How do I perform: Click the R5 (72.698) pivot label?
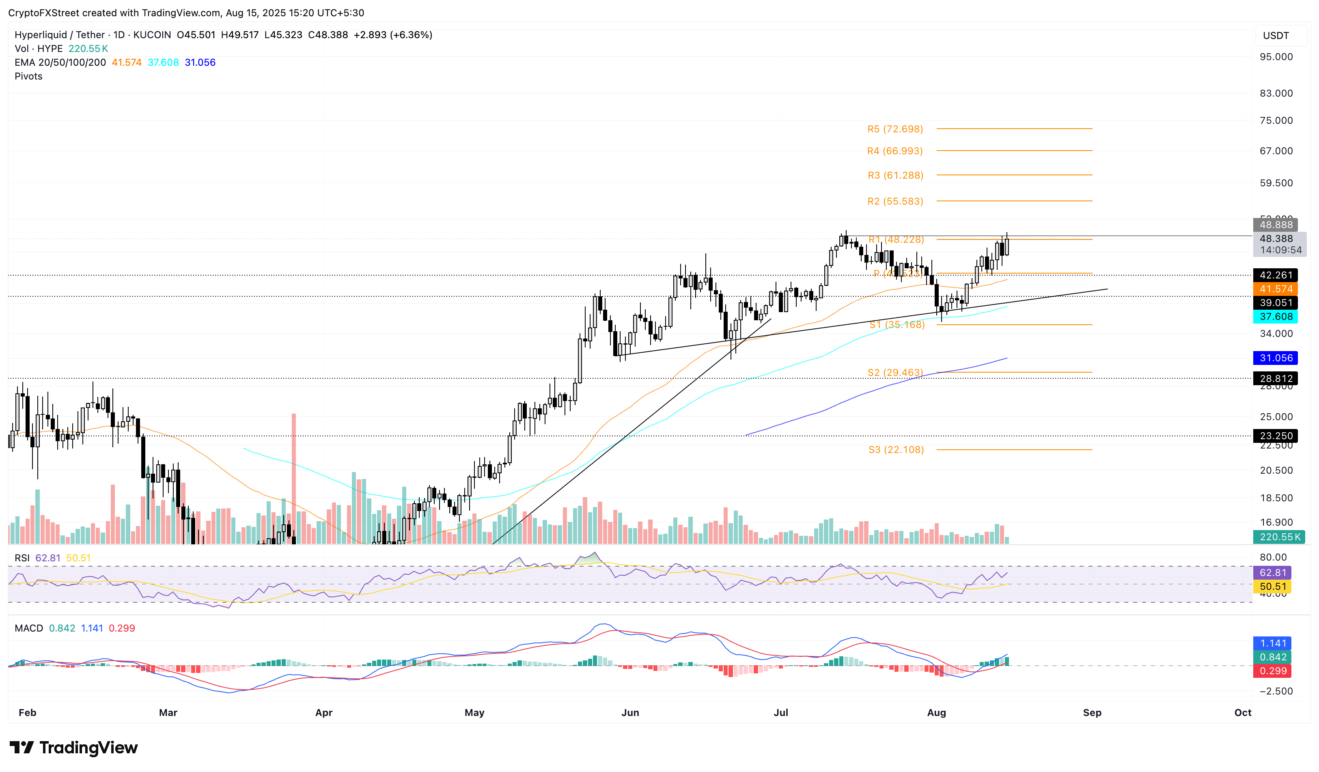click(894, 129)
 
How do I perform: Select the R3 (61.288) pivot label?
click(895, 175)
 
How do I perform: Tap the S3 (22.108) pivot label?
click(896, 450)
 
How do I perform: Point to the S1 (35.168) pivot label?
click(897, 324)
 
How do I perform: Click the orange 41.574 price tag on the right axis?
click(1275, 289)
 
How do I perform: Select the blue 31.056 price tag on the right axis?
click(1275, 358)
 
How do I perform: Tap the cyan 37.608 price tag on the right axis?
click(1275, 317)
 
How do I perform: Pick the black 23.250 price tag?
click(1275, 436)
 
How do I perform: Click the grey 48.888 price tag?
click(1275, 224)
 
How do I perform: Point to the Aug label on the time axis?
click(936, 712)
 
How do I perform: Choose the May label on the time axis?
click(474, 712)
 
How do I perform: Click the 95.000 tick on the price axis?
click(1275, 56)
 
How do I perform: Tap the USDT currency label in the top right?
click(1275, 36)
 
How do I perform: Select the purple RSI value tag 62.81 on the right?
click(1272, 573)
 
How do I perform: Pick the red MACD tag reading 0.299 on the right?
click(1272, 671)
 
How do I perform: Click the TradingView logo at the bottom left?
click(74, 747)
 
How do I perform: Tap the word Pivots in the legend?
click(29, 76)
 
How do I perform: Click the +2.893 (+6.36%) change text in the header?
click(392, 35)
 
